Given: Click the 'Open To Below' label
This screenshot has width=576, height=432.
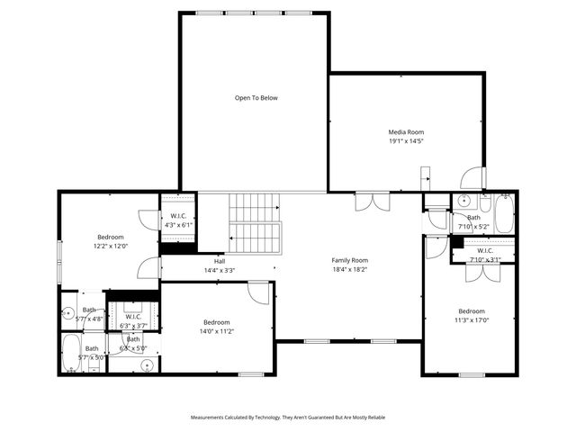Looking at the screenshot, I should coord(256,98).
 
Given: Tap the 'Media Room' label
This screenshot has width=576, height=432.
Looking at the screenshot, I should coord(406,132).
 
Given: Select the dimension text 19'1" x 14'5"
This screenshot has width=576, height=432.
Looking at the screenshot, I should coord(406,141).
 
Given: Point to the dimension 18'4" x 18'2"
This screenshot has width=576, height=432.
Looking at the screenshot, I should coord(350,269).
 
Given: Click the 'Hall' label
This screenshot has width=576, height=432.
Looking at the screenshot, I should coord(219,261).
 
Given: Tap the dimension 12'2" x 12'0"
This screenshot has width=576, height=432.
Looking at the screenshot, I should coord(111,246).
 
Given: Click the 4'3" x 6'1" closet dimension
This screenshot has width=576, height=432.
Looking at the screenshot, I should coord(178,225).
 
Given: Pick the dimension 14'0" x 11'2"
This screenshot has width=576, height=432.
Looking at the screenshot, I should coord(216,331).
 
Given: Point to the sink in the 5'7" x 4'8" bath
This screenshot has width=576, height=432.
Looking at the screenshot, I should coord(69,314).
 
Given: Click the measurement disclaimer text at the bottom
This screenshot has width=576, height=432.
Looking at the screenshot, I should coord(287,418).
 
